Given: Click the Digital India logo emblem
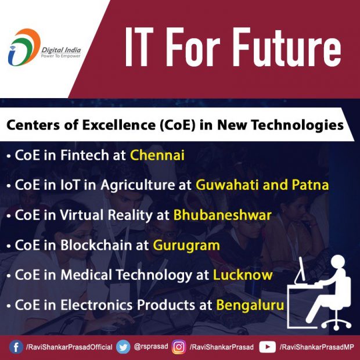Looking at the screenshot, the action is (24, 47).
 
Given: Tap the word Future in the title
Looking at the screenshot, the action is (288, 47).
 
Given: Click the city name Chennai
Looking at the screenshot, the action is (157, 155).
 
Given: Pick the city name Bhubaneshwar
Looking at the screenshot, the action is (222, 215).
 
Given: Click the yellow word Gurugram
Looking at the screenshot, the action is (186, 246).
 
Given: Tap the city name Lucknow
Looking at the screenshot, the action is (243, 275).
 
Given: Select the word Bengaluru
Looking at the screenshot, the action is (250, 305).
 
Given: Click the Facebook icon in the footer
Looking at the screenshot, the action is (16, 347).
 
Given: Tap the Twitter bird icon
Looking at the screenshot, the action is (123, 347).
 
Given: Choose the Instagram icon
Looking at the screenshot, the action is (179, 347).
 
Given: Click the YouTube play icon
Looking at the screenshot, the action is (268, 347).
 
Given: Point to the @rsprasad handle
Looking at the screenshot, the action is (151, 347).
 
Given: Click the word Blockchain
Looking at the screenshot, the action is (96, 245).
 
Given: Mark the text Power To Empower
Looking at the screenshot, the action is (60, 56).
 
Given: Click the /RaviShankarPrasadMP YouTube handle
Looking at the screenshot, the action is (317, 347).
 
